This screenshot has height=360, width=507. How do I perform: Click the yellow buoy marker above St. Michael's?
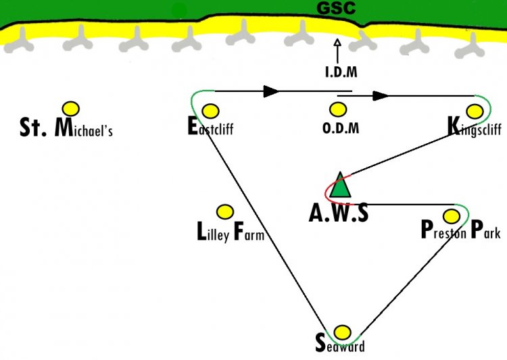(71, 109)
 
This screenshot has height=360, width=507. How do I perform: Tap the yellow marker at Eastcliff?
(210, 111)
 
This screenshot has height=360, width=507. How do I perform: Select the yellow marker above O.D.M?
(338, 109)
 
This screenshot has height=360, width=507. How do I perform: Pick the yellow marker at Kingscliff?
(475, 111)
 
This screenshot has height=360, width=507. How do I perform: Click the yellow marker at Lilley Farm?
(224, 212)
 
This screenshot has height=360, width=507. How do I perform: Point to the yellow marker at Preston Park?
(452, 216)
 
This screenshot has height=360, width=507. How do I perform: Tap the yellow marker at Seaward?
(342, 332)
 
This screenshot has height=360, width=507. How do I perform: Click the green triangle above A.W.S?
(340, 186)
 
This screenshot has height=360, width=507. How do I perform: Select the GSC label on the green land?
(336, 7)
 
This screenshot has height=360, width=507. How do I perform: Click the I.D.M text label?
(341, 72)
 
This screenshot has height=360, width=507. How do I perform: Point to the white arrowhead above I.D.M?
(337, 43)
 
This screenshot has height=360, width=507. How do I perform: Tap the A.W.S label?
(339, 213)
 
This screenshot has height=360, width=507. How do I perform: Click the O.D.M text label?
(341, 128)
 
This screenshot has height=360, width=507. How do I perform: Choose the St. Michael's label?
(66, 128)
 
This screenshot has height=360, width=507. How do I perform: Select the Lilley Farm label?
(231, 232)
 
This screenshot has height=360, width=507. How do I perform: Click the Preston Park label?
(461, 230)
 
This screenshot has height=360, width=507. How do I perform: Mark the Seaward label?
(340, 344)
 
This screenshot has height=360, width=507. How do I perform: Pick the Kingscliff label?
(475, 127)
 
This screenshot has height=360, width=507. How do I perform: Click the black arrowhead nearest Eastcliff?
(272, 91)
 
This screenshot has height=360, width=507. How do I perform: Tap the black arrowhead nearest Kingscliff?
(381, 96)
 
